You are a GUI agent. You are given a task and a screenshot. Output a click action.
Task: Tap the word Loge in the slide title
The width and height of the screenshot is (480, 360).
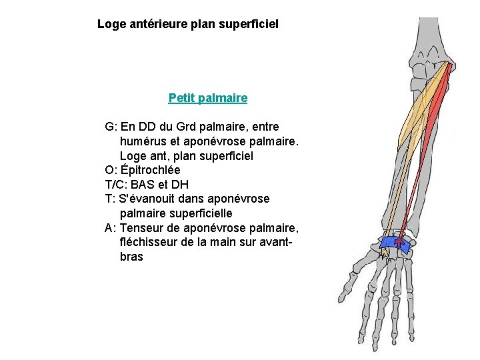point(111,24)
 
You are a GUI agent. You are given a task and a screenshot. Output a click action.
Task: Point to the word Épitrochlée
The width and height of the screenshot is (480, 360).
point(151,170)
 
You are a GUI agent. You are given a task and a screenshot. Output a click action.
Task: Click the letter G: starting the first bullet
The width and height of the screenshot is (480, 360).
point(111,127)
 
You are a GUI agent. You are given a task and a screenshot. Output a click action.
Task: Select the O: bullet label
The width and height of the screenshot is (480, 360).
point(111,170)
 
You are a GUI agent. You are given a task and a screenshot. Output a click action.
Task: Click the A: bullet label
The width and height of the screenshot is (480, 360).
point(111,228)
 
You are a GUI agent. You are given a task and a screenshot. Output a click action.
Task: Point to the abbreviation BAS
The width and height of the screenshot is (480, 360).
point(145,185)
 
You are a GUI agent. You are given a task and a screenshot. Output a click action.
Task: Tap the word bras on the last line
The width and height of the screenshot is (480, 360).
point(131,257)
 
